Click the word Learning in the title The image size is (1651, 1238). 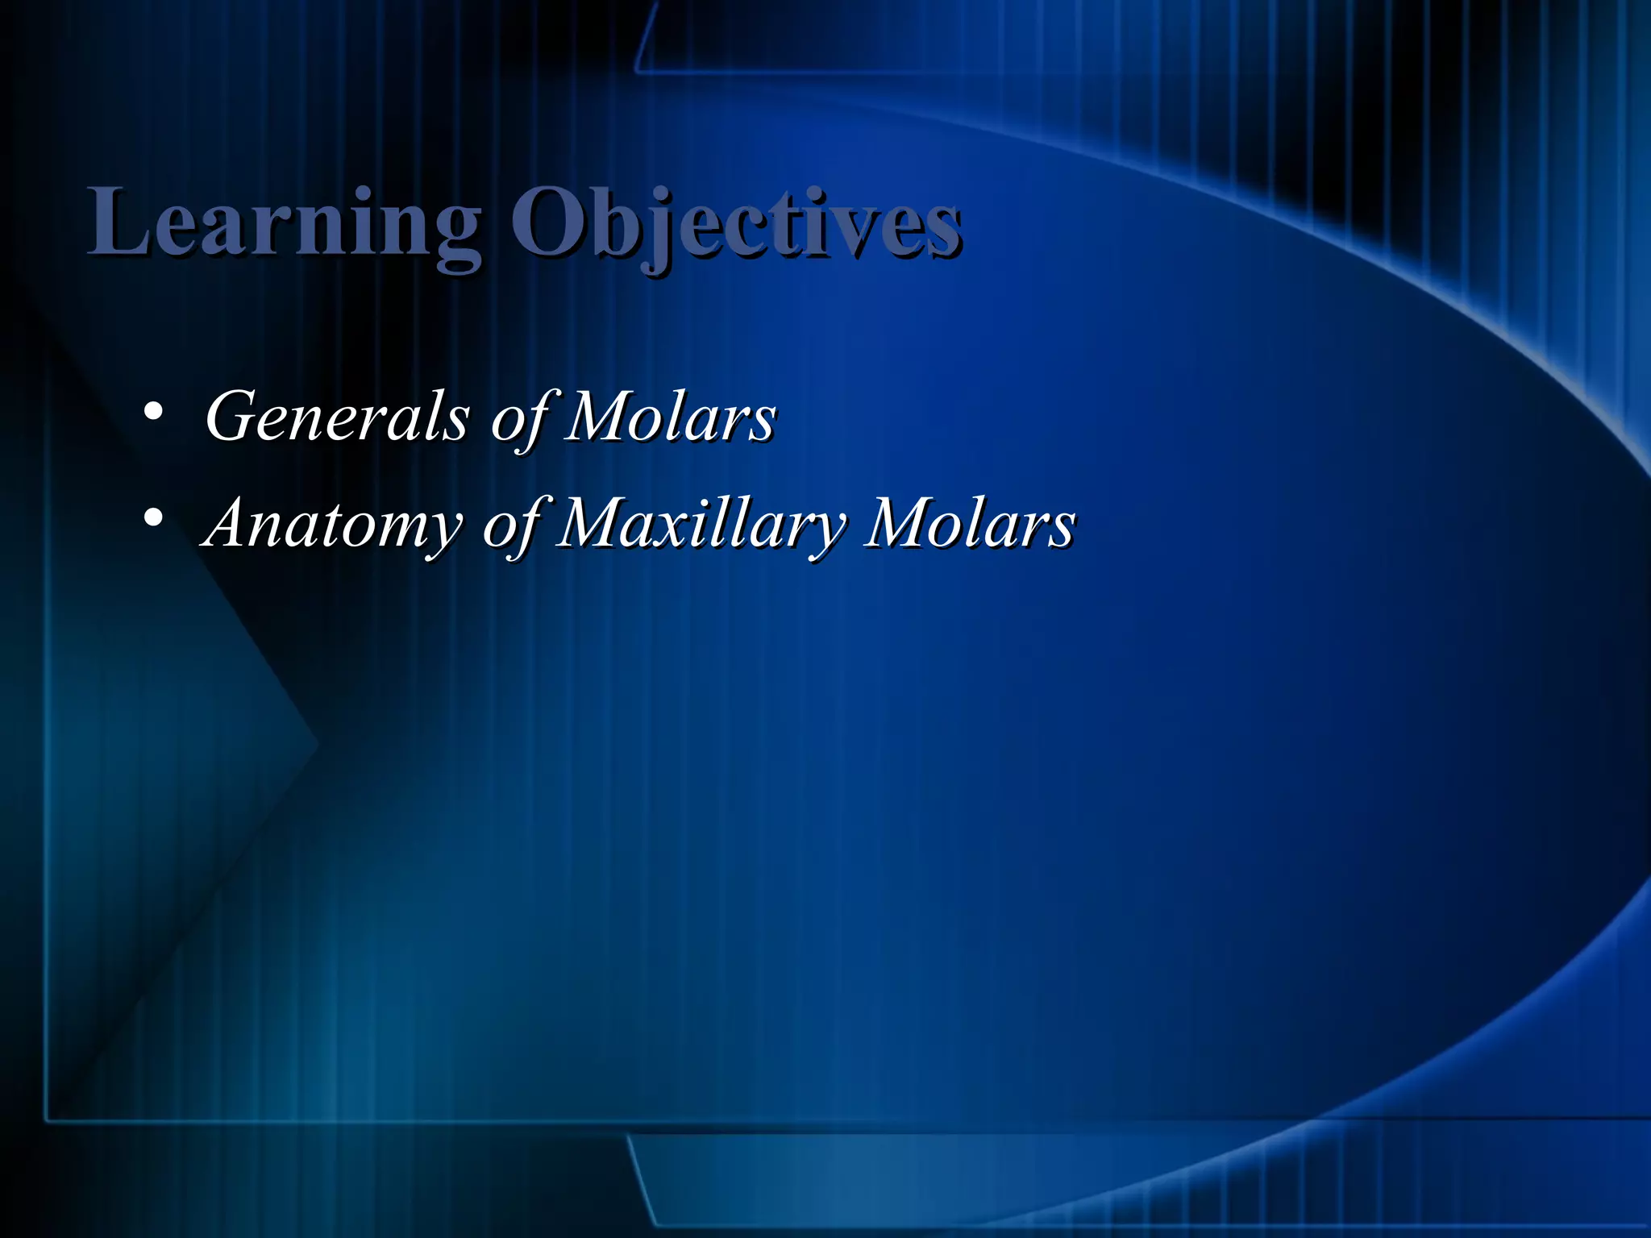(x=284, y=224)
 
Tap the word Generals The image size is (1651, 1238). (x=337, y=418)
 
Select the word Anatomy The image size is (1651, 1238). (x=331, y=524)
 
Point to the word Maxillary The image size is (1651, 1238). (x=700, y=524)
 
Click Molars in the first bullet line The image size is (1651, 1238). (x=669, y=418)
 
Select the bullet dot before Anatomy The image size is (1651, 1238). (x=153, y=518)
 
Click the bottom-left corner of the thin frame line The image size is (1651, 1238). (x=47, y=1120)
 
